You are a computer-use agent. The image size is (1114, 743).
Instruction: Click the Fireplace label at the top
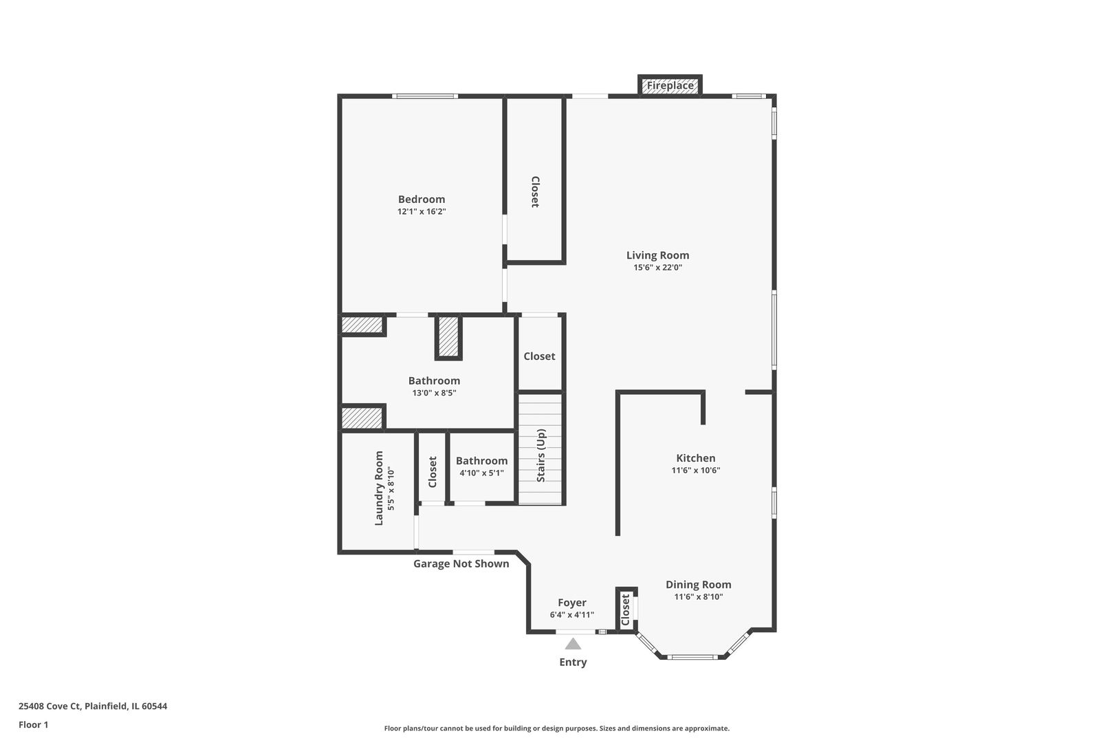[x=670, y=86]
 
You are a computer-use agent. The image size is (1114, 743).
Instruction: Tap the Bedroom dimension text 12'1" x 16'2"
[x=422, y=212]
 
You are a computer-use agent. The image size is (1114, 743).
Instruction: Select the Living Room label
[x=657, y=255]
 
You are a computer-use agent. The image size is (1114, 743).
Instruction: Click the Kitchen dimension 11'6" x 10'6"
[x=695, y=471]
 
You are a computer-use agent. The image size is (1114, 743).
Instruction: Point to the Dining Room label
[x=698, y=585]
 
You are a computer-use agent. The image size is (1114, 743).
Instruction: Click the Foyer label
[x=571, y=603]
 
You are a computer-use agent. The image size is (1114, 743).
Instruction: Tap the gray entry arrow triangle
[x=573, y=644]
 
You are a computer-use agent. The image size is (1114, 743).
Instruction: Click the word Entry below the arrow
[x=573, y=663]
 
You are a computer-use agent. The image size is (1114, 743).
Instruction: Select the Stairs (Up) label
[x=541, y=455]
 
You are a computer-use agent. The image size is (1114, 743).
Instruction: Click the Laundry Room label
[x=379, y=488]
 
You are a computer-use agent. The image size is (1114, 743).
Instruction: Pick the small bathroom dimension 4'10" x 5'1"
[x=481, y=473]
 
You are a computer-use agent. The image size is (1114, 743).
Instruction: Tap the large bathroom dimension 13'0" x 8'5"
[x=434, y=394]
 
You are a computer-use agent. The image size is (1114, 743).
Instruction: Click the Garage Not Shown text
[x=461, y=564]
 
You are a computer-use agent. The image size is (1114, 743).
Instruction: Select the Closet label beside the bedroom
[x=534, y=192]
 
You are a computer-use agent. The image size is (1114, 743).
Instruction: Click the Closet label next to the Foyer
[x=625, y=610]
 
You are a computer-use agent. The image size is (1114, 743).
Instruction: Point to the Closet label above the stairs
[x=539, y=356]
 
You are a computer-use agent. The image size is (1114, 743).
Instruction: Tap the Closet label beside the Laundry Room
[x=433, y=472]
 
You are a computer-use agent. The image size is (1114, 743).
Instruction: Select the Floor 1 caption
[x=33, y=724]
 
